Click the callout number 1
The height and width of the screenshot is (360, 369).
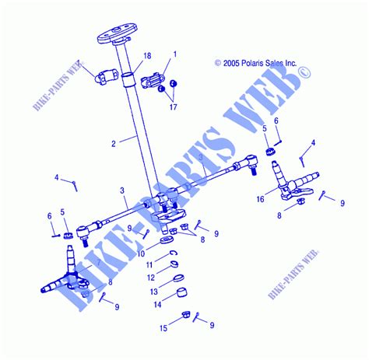point(174,54)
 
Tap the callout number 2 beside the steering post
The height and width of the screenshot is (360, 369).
point(114,143)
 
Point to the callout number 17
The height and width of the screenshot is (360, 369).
point(173,106)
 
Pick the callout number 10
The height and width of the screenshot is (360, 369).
point(141,253)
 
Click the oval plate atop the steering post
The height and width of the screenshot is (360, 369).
point(112,37)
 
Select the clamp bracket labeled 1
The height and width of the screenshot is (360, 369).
point(155,79)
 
